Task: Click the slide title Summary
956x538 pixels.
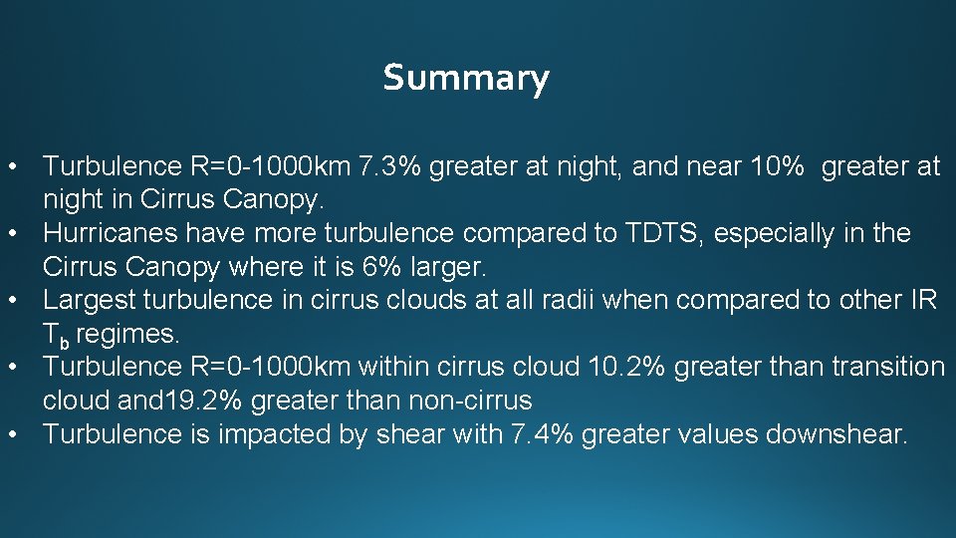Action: point(465,77)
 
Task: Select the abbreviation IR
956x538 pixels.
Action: point(923,300)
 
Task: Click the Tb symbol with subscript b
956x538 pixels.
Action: point(56,335)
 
